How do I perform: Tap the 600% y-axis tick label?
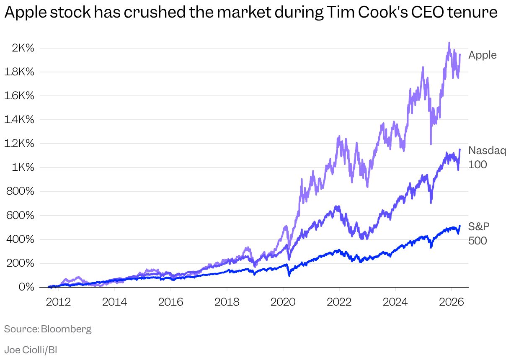(x=20, y=216)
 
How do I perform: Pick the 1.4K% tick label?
(x=19, y=120)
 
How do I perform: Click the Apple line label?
(x=483, y=55)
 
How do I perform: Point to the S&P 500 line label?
(x=479, y=234)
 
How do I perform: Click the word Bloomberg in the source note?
(x=66, y=329)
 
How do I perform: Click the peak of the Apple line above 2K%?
(x=449, y=43)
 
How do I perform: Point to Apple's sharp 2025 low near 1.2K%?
(x=431, y=144)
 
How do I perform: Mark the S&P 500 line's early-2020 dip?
(x=289, y=275)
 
